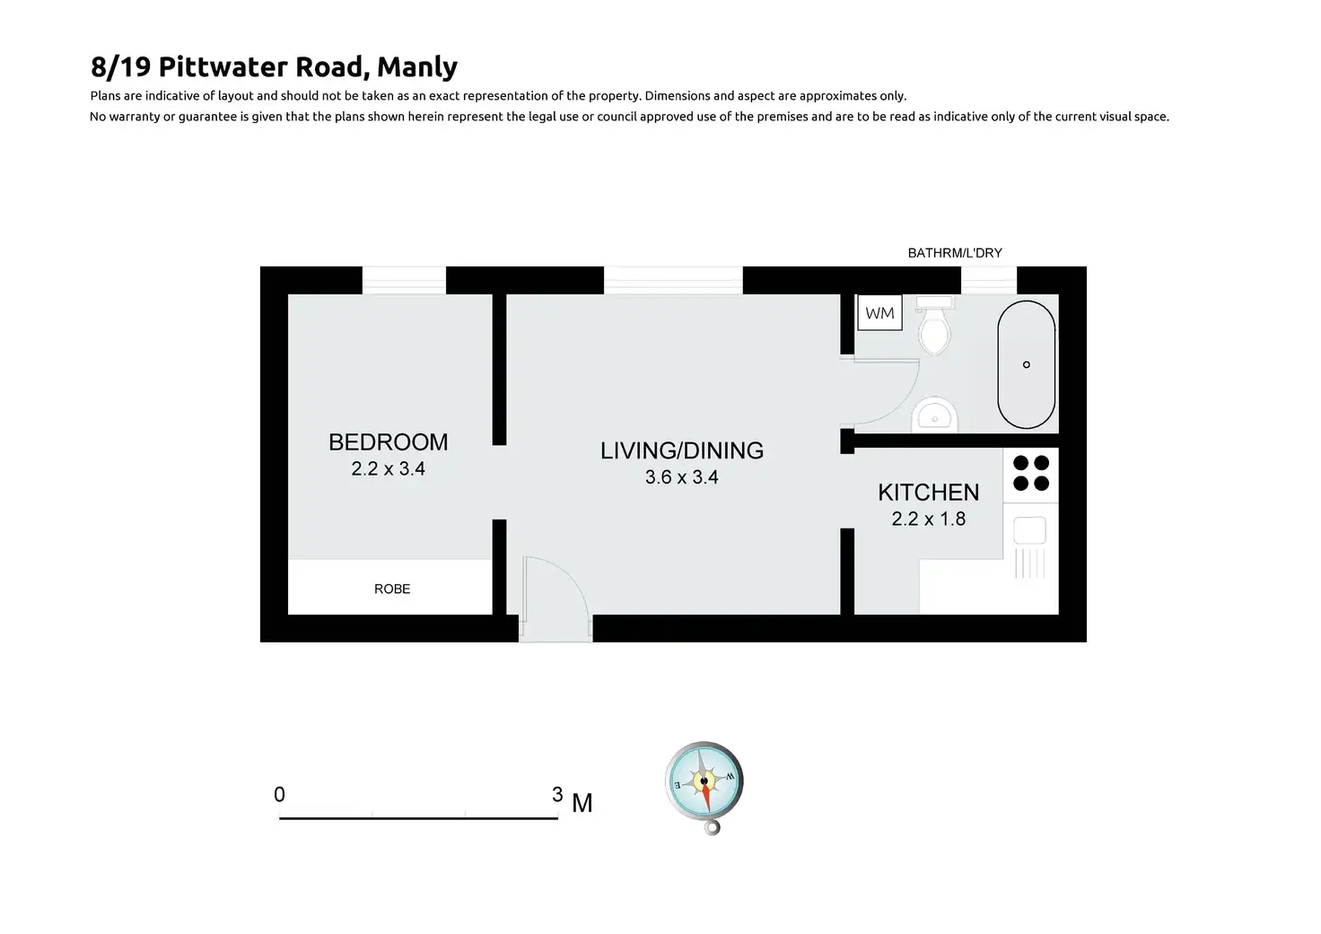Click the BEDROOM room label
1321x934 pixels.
pos(388,442)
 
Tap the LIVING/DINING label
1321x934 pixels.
pos(682,450)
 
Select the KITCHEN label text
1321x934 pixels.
pos(928,493)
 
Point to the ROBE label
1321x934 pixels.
pos(392,589)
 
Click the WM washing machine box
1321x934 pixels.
pos(879,313)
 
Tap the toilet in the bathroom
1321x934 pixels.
pos(934,325)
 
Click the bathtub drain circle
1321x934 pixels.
pos(1026,365)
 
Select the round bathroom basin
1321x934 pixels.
pos(934,415)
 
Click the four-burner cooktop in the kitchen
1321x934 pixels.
pos(1031,473)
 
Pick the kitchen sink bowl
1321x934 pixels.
pos(1029,530)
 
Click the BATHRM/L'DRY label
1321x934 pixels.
pos(955,253)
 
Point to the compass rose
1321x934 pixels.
pos(704,783)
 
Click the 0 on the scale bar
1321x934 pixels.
pos(279,794)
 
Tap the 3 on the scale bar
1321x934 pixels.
pos(557,794)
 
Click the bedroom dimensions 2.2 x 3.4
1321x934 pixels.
pos(388,468)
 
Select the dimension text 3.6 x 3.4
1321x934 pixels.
pos(682,477)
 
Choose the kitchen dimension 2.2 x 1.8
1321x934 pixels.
pos(928,519)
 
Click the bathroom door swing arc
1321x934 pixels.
pos(902,405)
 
